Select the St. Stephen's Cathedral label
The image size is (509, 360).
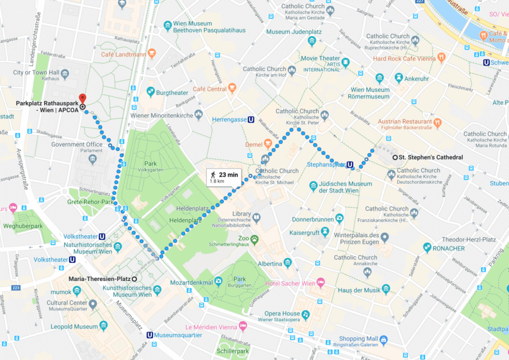[x=430, y=157]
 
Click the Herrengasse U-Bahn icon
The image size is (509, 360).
[x=251, y=120]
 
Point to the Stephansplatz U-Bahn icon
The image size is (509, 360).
[x=350, y=164]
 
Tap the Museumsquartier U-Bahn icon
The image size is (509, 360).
[x=149, y=335]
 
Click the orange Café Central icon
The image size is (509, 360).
[x=232, y=89]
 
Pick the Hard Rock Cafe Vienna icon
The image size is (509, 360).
[x=442, y=58]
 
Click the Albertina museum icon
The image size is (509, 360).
[x=288, y=263]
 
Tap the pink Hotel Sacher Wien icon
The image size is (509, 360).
[x=321, y=283]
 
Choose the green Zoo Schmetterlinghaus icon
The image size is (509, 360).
[x=254, y=238]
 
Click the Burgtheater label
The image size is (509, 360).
[x=172, y=93]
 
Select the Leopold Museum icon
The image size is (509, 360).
[x=104, y=326]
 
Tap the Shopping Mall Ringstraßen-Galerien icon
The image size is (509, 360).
[x=383, y=339]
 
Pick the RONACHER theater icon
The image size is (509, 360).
[x=427, y=247]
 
